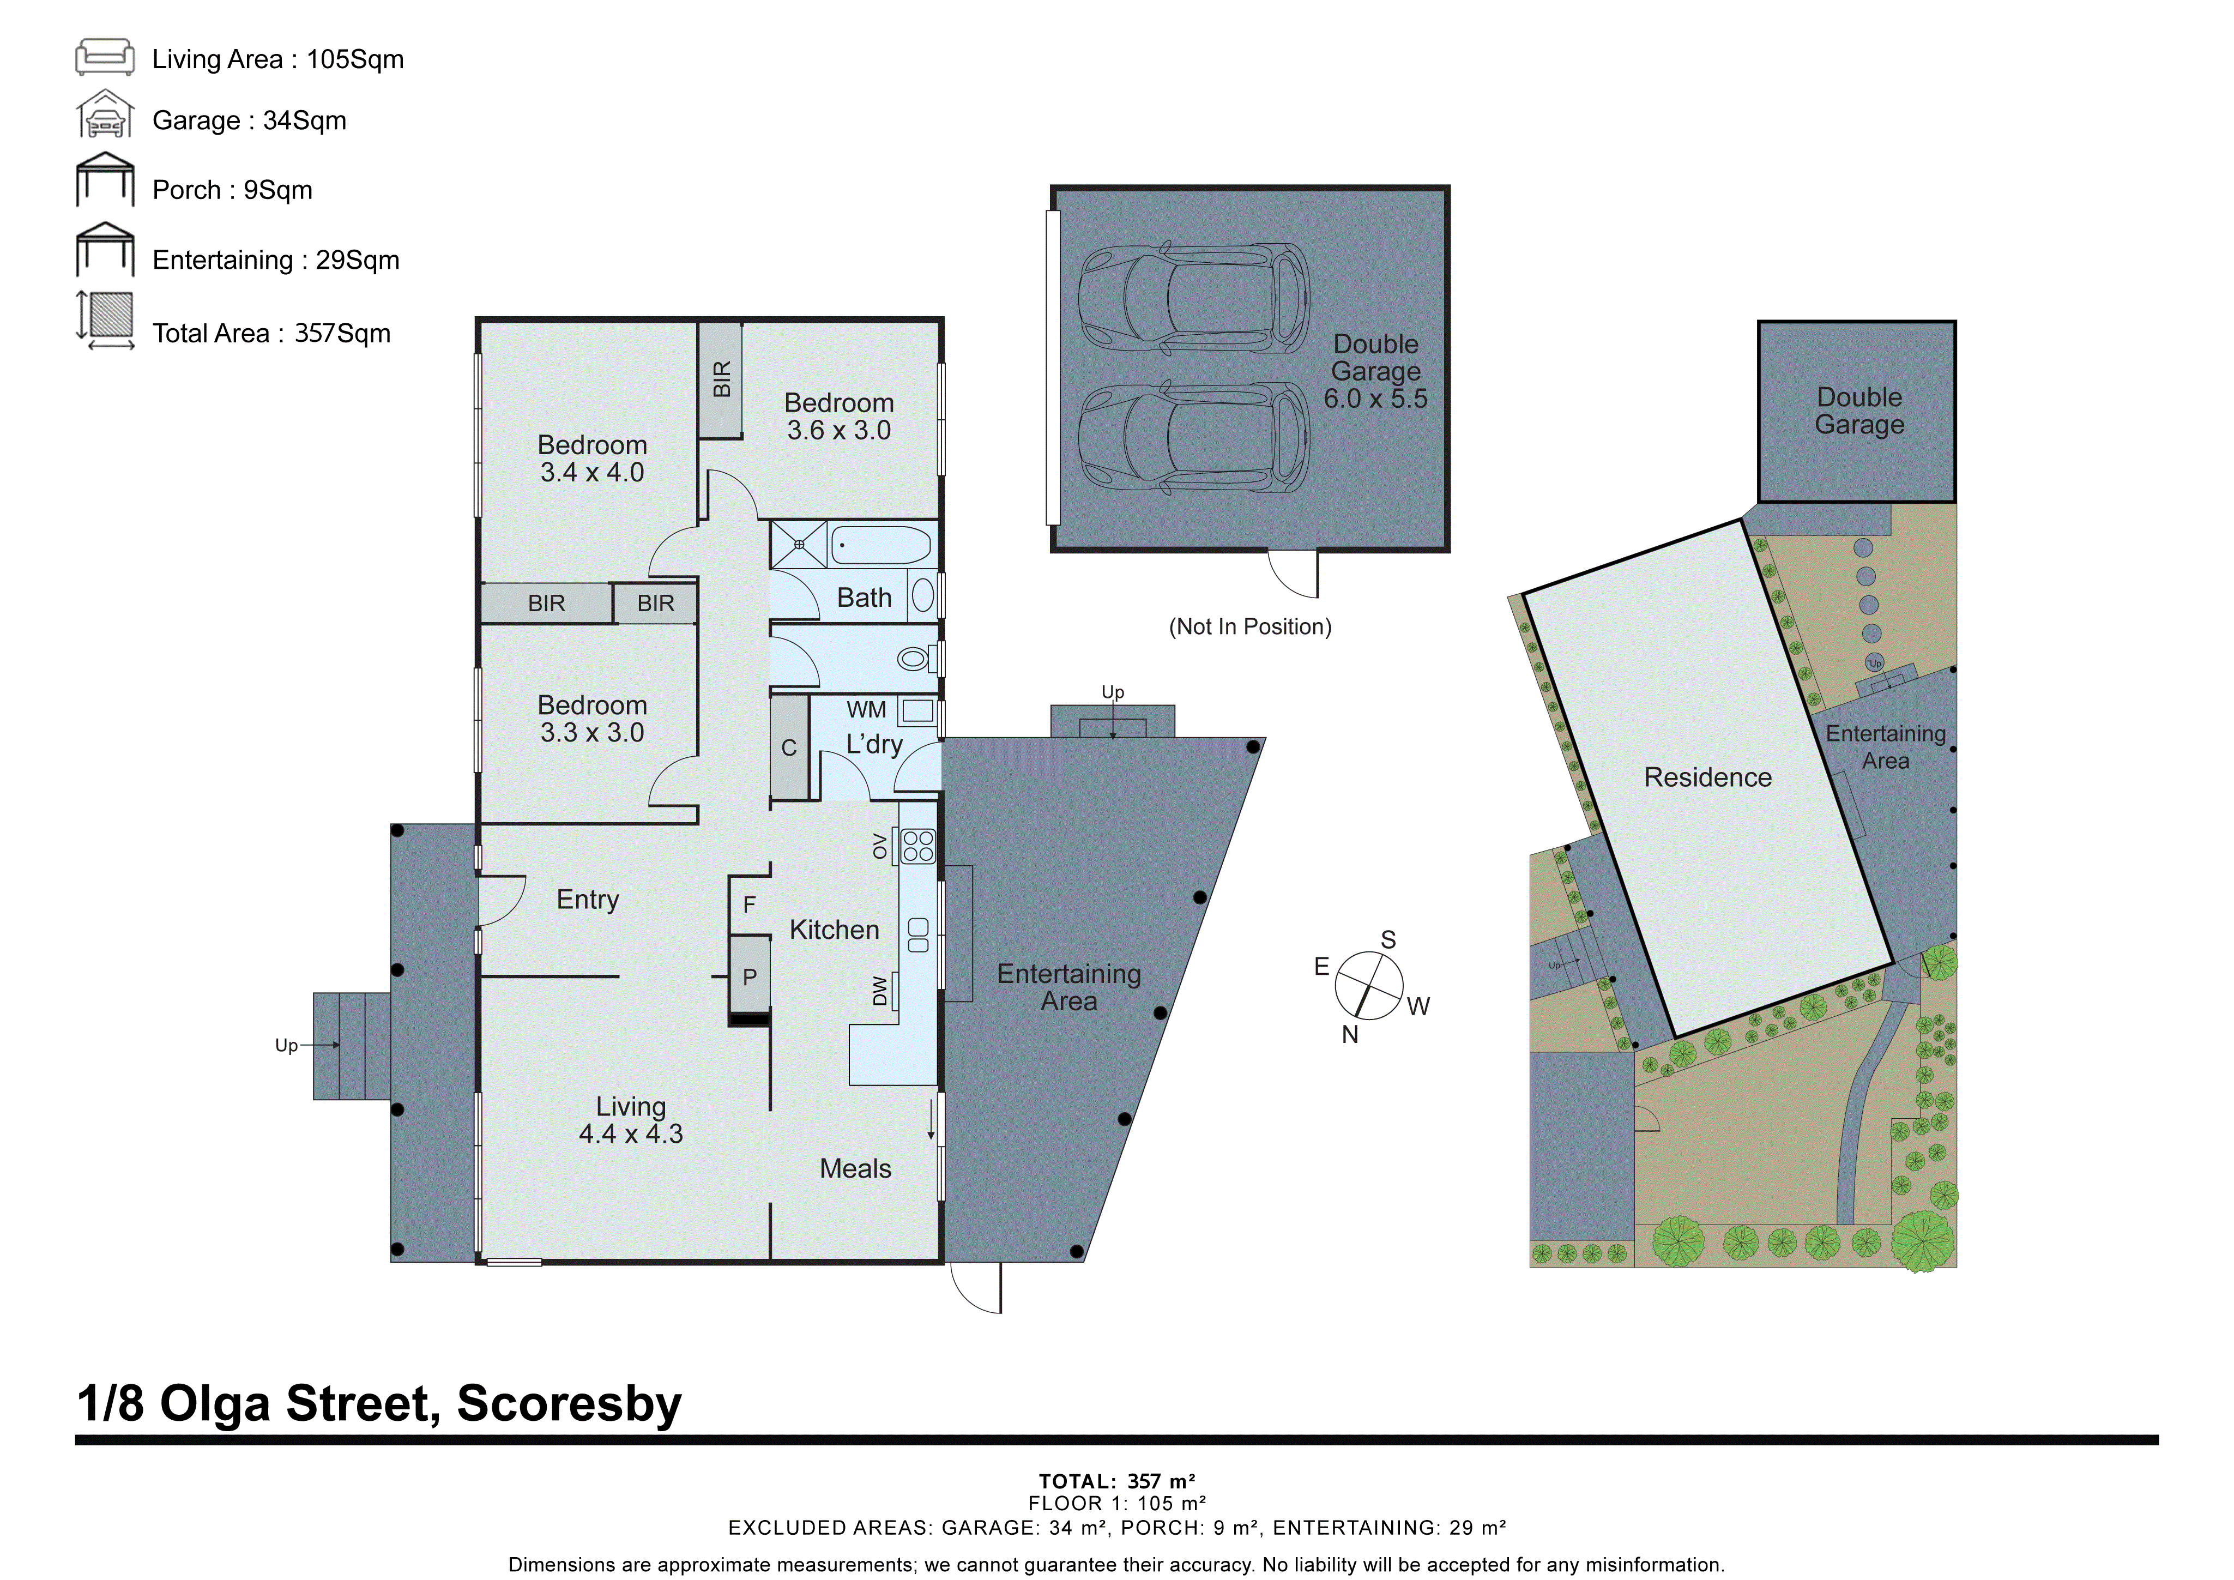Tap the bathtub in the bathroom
tap(880, 545)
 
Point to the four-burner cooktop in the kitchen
tap(917, 846)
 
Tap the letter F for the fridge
tap(749, 905)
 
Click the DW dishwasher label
tap(879, 991)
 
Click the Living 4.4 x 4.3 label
tap(631, 1120)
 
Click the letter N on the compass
tap(1350, 1034)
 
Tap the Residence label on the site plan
tap(1707, 777)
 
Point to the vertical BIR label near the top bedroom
tap(721, 379)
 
